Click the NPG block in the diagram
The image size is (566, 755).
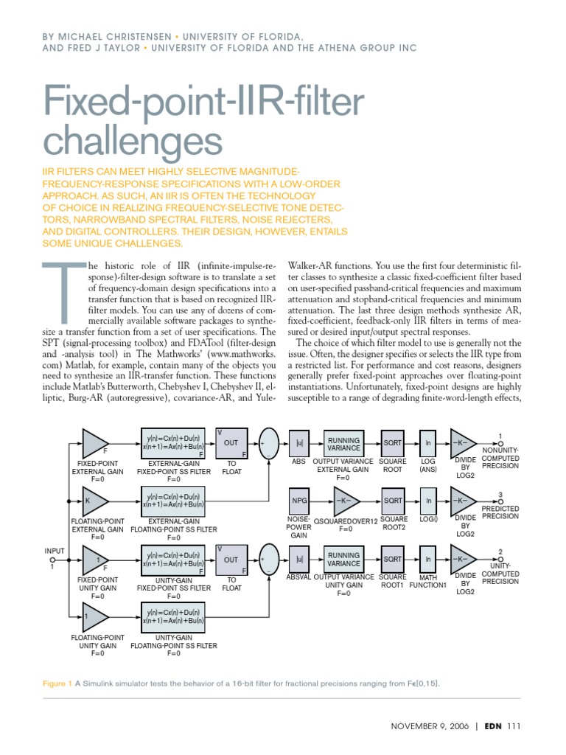(x=300, y=501)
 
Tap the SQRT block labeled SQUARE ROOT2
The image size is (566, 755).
(x=393, y=501)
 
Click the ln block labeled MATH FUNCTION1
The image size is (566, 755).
(x=428, y=560)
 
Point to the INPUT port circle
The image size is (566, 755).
(x=52, y=559)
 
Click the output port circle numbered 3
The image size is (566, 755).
(x=500, y=501)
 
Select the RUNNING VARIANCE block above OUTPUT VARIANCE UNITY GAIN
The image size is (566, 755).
(x=344, y=560)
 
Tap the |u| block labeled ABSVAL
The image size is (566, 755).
(x=300, y=560)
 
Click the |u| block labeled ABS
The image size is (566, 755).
(x=300, y=443)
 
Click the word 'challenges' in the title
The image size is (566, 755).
(x=133, y=140)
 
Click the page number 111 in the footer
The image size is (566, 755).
(x=514, y=726)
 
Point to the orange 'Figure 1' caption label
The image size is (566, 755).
(x=57, y=683)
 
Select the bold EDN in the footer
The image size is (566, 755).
(x=494, y=726)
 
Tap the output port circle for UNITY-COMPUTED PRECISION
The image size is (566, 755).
(x=500, y=560)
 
